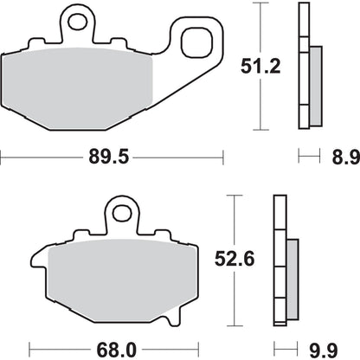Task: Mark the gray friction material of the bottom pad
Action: tap(121, 277)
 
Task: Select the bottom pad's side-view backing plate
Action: tap(279, 260)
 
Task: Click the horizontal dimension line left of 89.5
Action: tap(43, 157)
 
